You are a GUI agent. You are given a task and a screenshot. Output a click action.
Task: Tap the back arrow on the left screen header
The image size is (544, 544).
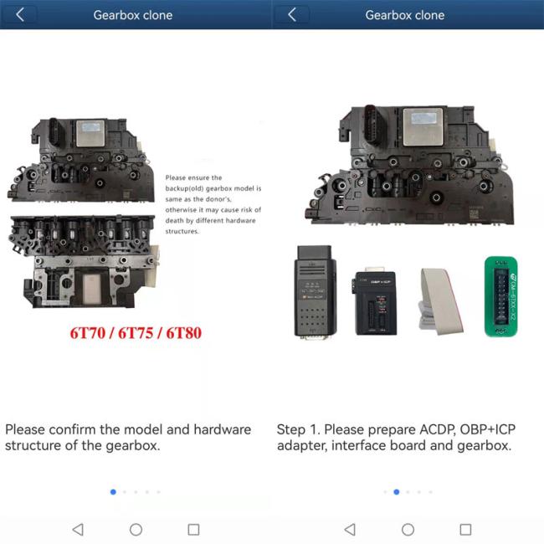pyautogui.click(x=20, y=15)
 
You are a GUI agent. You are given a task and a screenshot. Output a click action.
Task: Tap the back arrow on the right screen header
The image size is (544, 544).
pyautogui.click(x=292, y=15)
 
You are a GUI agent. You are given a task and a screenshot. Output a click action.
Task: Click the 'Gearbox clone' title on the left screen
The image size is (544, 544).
pyautogui.click(x=133, y=15)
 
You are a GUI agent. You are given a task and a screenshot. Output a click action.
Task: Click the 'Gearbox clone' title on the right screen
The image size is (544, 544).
pyautogui.click(x=405, y=15)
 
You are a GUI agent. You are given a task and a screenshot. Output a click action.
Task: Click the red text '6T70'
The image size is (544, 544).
pyautogui.click(x=90, y=332)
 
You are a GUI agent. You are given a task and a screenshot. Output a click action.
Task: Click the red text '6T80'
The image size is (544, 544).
pyautogui.click(x=180, y=332)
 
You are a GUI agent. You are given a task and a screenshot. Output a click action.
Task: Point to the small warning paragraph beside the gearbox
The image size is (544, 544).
pyautogui.click(x=213, y=203)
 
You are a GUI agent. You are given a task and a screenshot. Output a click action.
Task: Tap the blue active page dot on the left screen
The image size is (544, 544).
pyautogui.click(x=113, y=492)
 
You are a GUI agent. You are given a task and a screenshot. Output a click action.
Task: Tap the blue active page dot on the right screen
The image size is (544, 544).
pyautogui.click(x=396, y=492)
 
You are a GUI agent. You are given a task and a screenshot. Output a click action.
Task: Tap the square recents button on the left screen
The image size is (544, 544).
pyautogui.click(x=193, y=529)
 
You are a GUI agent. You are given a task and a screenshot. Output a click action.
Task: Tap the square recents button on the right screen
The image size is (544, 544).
pyautogui.click(x=465, y=529)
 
